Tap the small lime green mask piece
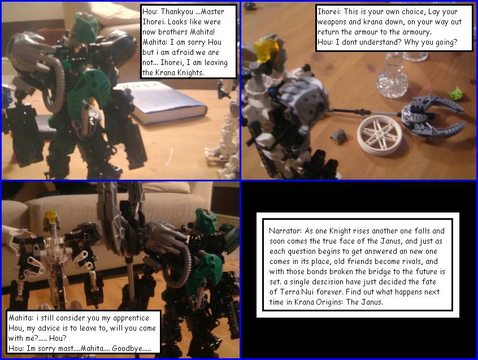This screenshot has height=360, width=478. point(454,92)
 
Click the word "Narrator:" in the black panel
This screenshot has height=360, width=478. point(286,231)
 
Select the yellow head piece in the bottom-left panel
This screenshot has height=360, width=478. point(51,216)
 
